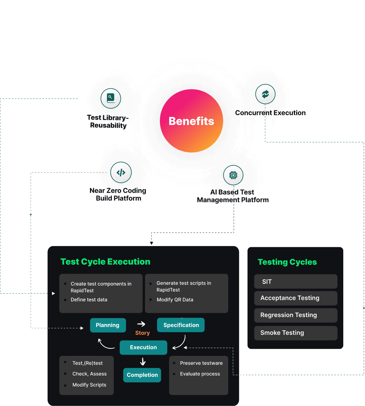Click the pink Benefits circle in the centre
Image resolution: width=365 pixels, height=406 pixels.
[192, 121]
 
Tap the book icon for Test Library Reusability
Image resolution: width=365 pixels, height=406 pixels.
[111, 98]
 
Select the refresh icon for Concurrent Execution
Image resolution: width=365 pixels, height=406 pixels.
[265, 94]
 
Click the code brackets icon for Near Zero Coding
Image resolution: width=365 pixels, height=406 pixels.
[121, 173]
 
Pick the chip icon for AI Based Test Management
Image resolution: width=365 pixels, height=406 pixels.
[233, 175]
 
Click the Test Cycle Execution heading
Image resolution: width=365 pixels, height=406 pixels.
[105, 262]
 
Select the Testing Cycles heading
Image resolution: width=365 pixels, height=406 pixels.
[287, 262]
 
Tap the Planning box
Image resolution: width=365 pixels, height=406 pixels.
[108, 325]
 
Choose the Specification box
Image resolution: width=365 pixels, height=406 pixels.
[181, 325]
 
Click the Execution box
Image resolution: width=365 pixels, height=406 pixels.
[143, 347]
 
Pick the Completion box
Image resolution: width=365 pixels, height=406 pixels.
[142, 375]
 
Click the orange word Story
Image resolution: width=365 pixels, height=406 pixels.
[142, 333]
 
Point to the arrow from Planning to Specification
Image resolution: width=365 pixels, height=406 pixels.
[141, 324]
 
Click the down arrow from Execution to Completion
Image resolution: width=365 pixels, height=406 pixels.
[143, 361]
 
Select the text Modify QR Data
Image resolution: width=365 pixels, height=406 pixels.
[175, 300]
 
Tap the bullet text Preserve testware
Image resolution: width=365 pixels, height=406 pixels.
[201, 363]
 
